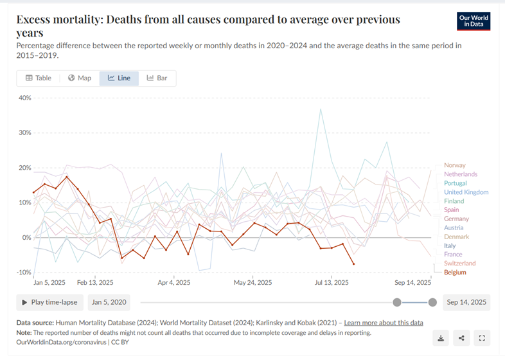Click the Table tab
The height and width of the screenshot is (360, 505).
pos(39,78)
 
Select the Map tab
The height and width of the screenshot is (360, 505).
pos(80,78)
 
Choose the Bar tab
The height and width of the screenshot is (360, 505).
pos(157,78)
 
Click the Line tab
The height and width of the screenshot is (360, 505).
pos(120,78)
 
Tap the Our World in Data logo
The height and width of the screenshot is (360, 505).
pos(474,21)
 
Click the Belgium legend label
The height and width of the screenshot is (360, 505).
pos(455,273)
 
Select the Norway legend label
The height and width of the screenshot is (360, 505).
pos(454,165)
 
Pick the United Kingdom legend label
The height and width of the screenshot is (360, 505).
pos(466,192)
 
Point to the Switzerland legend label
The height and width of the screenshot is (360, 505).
pos(459,264)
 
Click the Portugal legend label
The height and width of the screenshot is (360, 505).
pos(456,183)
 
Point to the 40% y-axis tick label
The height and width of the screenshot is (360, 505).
pos(24,98)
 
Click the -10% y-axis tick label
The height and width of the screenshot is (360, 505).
pos(23,273)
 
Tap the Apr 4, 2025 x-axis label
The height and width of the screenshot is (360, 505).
pos(173,282)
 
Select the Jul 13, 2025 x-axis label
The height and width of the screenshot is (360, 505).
pos(332,282)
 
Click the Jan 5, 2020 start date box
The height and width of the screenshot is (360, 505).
pos(109,302)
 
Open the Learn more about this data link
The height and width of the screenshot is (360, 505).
pos(384,323)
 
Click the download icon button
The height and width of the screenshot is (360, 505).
pos(441,337)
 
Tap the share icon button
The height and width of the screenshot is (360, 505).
pos(462,337)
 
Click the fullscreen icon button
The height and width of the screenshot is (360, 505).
pos(482,337)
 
